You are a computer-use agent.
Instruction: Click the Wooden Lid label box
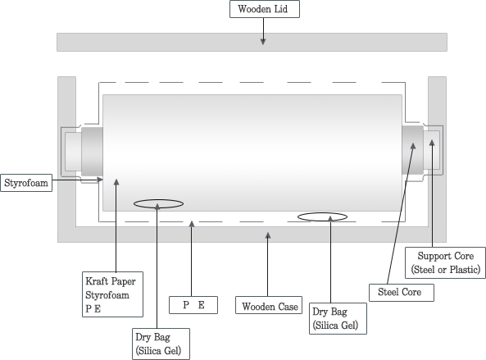pos(265,9)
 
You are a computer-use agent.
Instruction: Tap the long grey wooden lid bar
pos(252,42)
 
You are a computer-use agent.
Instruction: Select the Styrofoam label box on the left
pos(26,183)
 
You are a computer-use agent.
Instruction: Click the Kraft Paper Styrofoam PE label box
pos(112,294)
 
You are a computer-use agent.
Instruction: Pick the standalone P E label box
pos(193,305)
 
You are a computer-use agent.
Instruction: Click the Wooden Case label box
pos(269,305)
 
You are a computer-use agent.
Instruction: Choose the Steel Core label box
pos(402,293)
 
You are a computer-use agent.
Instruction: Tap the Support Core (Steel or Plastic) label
pos(445,262)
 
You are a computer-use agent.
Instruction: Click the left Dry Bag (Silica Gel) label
pos(161,344)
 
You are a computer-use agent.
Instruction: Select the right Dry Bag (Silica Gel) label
pos(338,318)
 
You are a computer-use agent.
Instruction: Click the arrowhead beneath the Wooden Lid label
pos(263,42)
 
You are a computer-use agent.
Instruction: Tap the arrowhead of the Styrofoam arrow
pos(100,180)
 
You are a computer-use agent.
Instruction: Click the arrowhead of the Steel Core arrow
pos(413,146)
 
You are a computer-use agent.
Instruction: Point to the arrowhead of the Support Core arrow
pos(432,143)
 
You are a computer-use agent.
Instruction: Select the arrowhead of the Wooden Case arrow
pos(268,235)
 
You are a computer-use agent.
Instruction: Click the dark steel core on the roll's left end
pos(92,152)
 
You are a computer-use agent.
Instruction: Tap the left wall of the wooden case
pos(66,159)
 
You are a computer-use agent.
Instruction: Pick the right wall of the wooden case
pos(438,159)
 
